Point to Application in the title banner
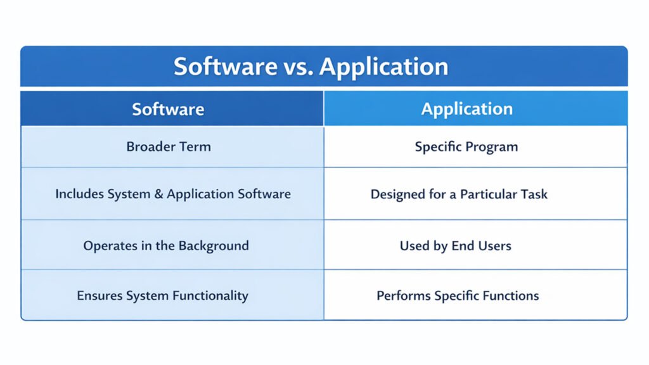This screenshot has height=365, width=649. click(383, 67)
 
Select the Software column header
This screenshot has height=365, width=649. click(168, 109)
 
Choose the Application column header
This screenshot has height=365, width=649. click(466, 109)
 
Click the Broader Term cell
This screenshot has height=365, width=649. click(168, 146)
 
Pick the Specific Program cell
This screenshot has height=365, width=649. click(466, 146)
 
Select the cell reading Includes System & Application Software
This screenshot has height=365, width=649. click(172, 194)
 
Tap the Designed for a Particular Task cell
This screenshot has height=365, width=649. click(459, 194)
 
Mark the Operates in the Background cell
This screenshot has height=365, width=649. click(165, 245)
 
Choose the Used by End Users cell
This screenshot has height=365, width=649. click(455, 245)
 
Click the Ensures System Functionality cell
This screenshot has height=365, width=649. click(162, 295)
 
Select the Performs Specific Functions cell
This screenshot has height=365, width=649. click(458, 295)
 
